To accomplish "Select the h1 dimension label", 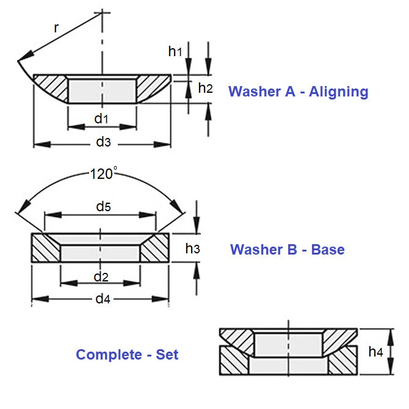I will tap(175, 52).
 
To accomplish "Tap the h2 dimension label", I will tap(205, 89).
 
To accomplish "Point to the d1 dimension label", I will tap(101, 118).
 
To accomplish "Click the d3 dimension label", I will tap(103, 142).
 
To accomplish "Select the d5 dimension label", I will tap(103, 206).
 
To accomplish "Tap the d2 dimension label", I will tap(101, 277).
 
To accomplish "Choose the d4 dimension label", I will tap(101, 299).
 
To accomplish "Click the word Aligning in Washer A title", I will tap(339, 92).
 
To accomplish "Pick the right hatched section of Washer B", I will tap(156, 249).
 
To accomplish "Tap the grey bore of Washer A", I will tap(101, 89).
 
